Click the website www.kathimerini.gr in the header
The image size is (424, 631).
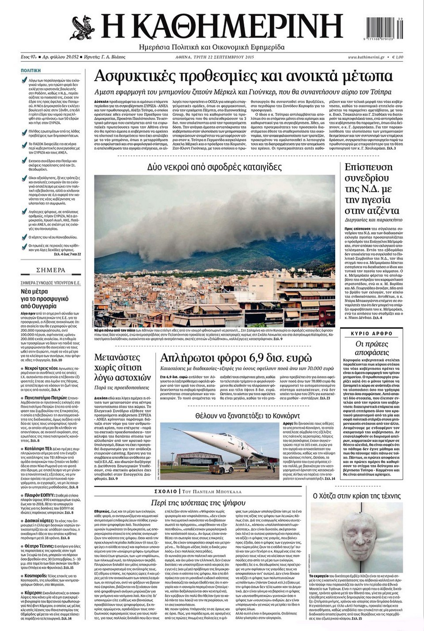click(365, 57)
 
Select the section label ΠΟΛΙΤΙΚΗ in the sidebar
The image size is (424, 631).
click(31, 70)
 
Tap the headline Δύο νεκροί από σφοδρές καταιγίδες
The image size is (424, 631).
click(214, 167)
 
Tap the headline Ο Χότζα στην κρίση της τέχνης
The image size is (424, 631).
click(356, 496)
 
